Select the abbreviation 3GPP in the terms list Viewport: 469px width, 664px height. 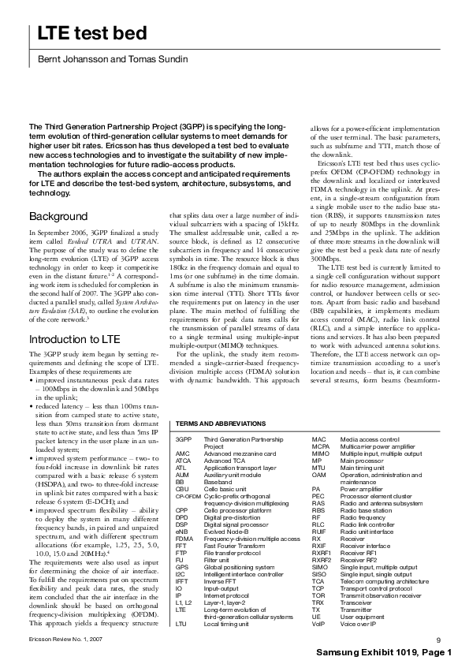coord(184,438)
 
